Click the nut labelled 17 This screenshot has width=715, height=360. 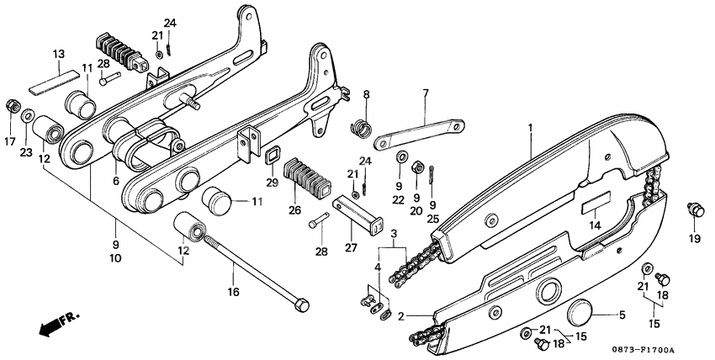tap(13, 107)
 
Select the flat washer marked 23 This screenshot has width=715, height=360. tap(28, 114)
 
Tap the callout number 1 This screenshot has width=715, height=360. tap(531, 128)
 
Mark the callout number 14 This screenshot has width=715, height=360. tap(595, 225)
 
